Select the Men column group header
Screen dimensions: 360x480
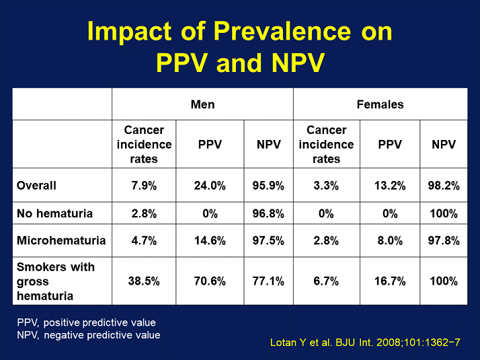(x=202, y=104)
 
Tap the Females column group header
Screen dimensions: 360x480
(x=380, y=104)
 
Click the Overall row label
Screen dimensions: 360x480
(x=37, y=186)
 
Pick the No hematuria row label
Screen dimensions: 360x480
(x=54, y=214)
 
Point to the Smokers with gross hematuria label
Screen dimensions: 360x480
(x=56, y=281)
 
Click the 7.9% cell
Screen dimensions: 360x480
(x=144, y=186)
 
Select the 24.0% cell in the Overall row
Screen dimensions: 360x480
(x=210, y=186)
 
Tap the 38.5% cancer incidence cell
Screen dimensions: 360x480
(x=144, y=281)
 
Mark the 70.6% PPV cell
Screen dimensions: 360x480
(x=210, y=281)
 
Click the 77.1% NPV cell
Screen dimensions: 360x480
(x=269, y=281)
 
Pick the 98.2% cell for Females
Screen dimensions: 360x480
(x=444, y=186)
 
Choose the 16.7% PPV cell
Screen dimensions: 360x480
(x=390, y=281)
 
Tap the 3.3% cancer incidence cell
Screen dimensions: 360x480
(x=326, y=186)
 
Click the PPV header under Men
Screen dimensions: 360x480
(x=210, y=144)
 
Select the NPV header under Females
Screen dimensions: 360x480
(x=444, y=144)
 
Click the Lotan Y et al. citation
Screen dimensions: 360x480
(x=364, y=343)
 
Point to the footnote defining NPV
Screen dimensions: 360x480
(x=89, y=334)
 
